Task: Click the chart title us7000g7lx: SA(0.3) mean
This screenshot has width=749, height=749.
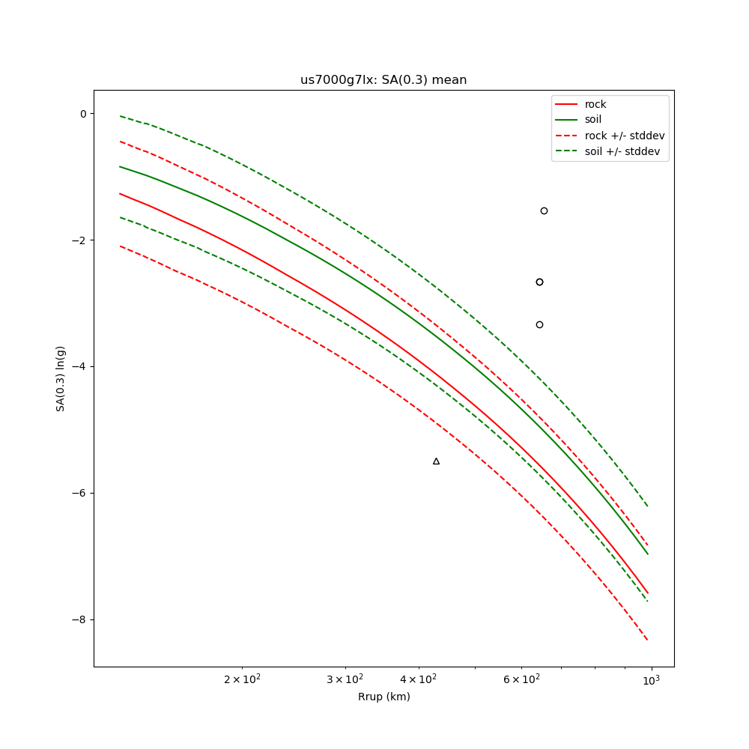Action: (x=383, y=80)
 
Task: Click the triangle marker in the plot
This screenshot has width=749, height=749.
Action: (x=436, y=461)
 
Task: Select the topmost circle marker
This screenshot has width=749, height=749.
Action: (x=544, y=210)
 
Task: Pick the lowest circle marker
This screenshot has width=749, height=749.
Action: (x=539, y=324)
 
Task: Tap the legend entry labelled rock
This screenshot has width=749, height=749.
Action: (x=595, y=104)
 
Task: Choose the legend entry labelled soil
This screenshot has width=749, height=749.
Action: (x=593, y=119)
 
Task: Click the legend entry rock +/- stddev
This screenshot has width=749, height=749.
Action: (x=624, y=136)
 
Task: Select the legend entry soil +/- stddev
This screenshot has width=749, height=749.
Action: (x=624, y=151)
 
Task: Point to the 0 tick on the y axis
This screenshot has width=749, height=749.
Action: (x=82, y=114)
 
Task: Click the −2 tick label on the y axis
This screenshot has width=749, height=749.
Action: (x=78, y=240)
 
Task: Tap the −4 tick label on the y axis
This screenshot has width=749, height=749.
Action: (x=78, y=367)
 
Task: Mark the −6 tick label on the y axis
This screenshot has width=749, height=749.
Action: (x=78, y=494)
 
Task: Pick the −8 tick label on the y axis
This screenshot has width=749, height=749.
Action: (x=78, y=620)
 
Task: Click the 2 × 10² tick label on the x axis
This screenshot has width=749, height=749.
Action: (x=242, y=679)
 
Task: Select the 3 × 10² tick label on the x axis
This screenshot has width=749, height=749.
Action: (x=345, y=679)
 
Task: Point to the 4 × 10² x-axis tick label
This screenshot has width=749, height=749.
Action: (x=417, y=679)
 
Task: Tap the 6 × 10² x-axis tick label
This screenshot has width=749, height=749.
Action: (x=521, y=679)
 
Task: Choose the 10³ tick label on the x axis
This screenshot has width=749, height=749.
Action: (x=652, y=679)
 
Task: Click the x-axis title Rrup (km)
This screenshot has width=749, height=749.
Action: (x=383, y=697)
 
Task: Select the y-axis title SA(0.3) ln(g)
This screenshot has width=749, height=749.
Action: (x=61, y=378)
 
